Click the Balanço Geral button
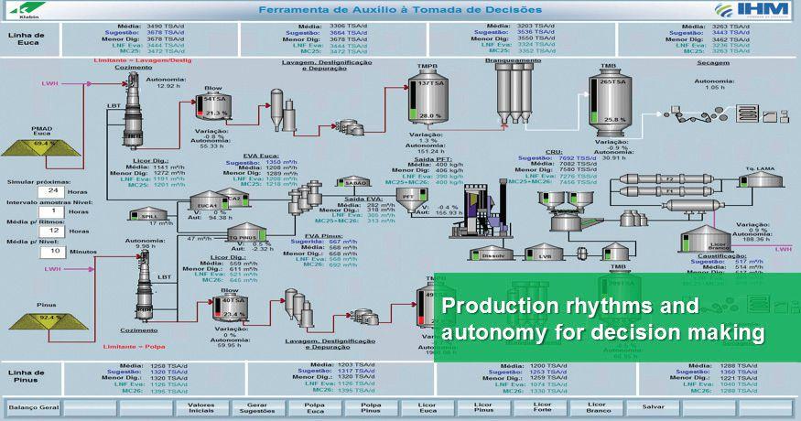click(34, 407)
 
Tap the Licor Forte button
click(542, 407)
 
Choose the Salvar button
click(654, 407)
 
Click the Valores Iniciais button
click(200, 407)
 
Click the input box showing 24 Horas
click(54, 191)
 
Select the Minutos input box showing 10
click(54, 251)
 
